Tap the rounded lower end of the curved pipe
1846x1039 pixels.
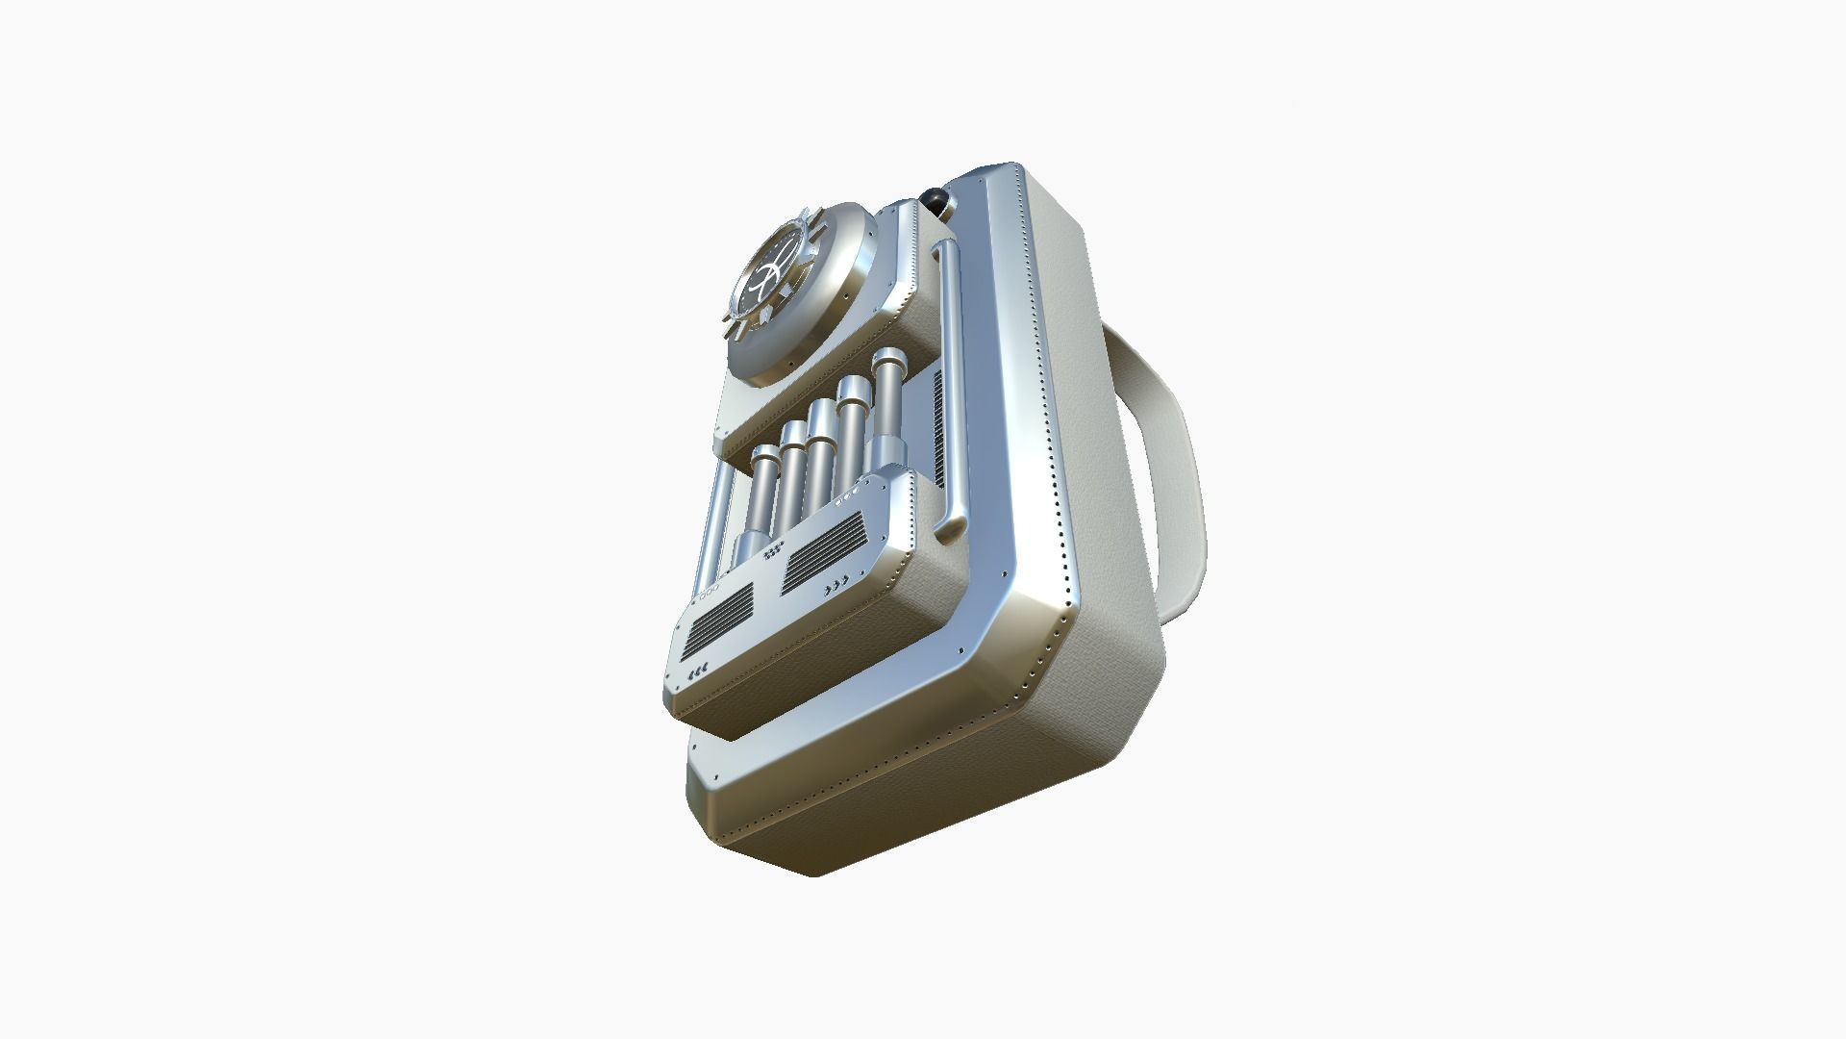[x=949, y=530]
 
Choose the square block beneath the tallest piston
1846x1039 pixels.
[x=888, y=453]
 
